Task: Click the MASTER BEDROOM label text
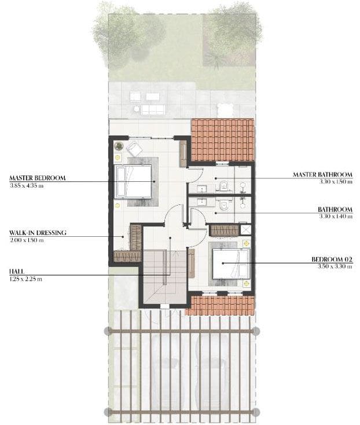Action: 38,178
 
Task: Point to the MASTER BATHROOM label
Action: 322,174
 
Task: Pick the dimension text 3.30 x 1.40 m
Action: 334,216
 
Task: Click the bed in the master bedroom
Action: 134,181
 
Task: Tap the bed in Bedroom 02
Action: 230,263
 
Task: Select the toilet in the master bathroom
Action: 223,185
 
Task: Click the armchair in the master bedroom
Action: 134,148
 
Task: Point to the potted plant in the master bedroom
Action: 118,145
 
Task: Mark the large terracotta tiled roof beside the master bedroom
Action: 222,140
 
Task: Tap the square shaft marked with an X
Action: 247,230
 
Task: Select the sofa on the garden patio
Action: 153,109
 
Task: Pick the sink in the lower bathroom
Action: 203,201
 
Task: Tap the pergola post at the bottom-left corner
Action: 108,412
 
